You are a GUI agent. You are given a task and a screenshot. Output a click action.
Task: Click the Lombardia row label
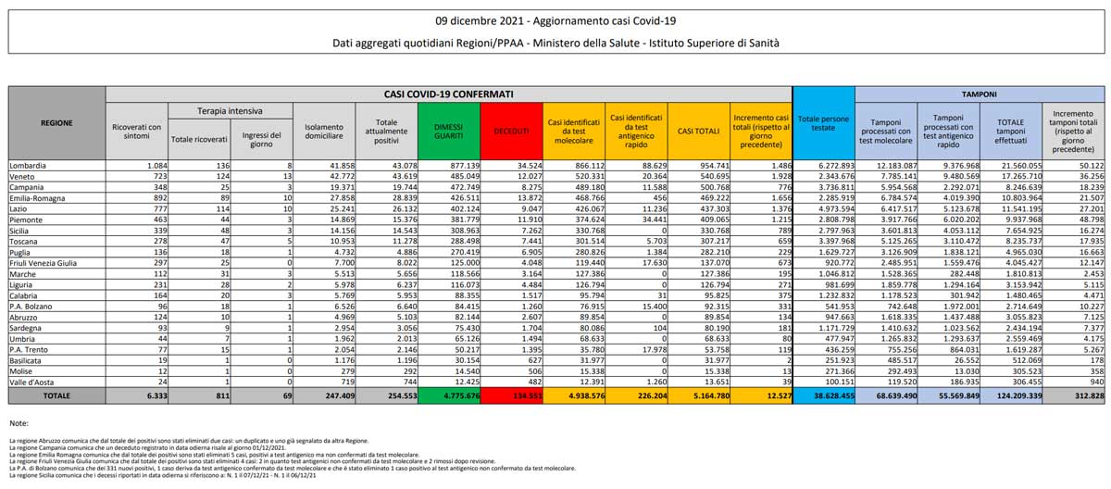point(29,164)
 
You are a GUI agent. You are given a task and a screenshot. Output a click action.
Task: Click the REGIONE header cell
point(56,121)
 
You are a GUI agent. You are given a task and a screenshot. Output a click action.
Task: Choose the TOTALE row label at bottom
point(56,395)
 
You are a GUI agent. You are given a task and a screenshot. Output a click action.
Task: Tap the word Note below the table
point(19,422)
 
